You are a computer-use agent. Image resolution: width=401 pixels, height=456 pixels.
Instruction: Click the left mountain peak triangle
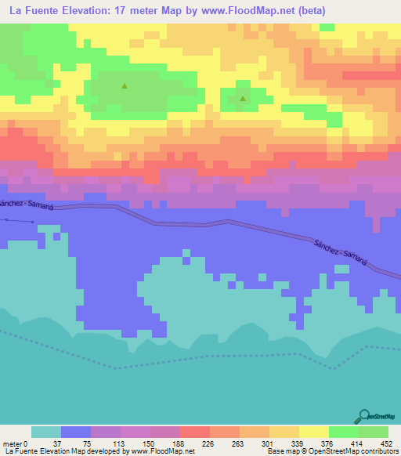tap(124, 86)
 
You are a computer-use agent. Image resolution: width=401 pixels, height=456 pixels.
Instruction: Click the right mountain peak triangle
tap(243, 99)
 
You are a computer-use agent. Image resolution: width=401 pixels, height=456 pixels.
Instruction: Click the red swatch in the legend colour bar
tap(195, 432)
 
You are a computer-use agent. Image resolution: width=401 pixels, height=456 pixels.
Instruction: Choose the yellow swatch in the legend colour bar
tap(314, 432)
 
